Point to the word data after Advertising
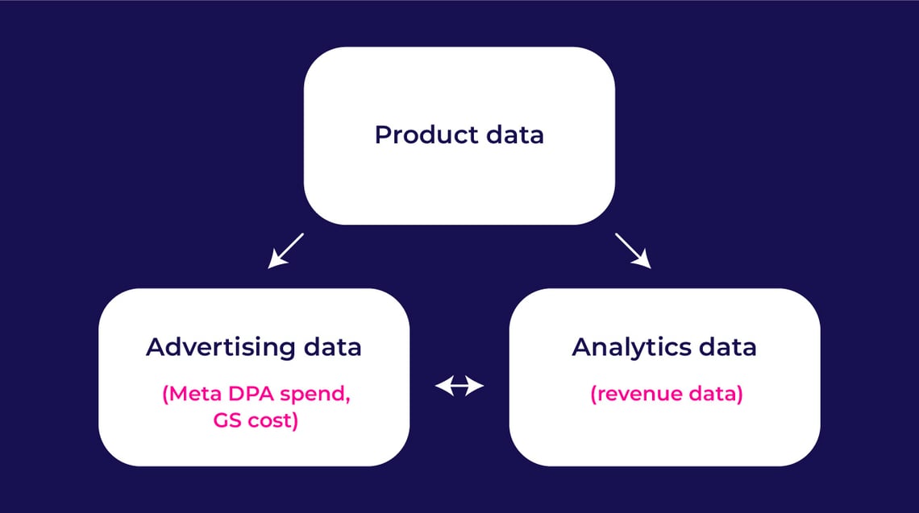331,347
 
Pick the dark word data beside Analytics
727,347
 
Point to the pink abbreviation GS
223,420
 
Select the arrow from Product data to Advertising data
285,250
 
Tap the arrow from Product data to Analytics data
633,250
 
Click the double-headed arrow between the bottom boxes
459,387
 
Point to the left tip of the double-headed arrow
438,387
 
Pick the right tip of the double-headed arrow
481,387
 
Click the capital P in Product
382,134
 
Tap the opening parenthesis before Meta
165,395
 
